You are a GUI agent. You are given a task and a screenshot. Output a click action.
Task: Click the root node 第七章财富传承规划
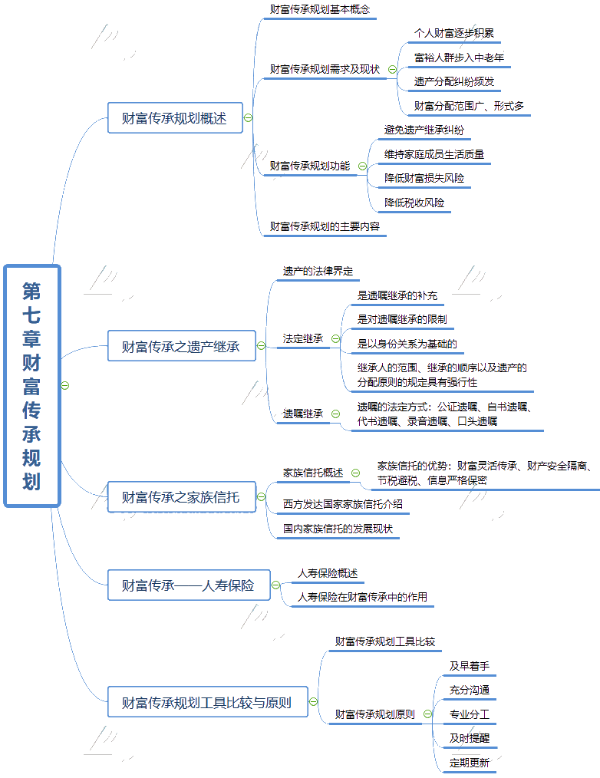coord(31,385)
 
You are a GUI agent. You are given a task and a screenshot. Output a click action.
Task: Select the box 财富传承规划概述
coord(175,118)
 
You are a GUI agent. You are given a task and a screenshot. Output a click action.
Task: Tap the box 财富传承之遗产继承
coord(181,347)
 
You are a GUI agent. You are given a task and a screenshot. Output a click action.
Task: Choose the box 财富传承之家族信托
coord(181,497)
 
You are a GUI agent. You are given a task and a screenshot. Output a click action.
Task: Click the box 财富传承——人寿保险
coord(188,585)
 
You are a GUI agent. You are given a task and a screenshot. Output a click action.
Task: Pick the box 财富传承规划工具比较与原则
coord(207,702)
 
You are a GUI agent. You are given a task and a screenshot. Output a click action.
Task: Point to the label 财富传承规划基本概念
coord(319,10)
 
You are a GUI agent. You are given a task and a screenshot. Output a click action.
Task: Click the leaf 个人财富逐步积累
coord(453,34)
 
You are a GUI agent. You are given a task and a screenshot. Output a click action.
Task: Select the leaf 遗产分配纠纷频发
coord(453,81)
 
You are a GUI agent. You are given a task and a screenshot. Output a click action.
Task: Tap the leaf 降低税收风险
coord(414,203)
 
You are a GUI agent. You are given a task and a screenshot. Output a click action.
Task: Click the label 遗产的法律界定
coord(318,271)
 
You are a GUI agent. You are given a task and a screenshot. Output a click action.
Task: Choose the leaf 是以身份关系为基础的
coord(407,343)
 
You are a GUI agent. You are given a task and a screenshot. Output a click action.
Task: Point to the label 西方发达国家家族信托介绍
coord(342,505)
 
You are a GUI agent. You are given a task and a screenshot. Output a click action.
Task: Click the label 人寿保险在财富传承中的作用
coord(362,596)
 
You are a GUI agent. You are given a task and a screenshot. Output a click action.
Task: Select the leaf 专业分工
coord(470,714)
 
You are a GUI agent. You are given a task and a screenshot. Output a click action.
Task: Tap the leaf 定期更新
coord(470,763)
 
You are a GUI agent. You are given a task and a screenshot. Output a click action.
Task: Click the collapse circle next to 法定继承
coord(335,338)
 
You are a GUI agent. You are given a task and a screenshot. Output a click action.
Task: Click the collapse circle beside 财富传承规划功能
coord(362,166)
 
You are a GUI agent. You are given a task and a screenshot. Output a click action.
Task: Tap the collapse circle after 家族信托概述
coord(355,473)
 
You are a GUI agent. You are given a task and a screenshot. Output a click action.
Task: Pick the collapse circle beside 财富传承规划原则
coord(428,714)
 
